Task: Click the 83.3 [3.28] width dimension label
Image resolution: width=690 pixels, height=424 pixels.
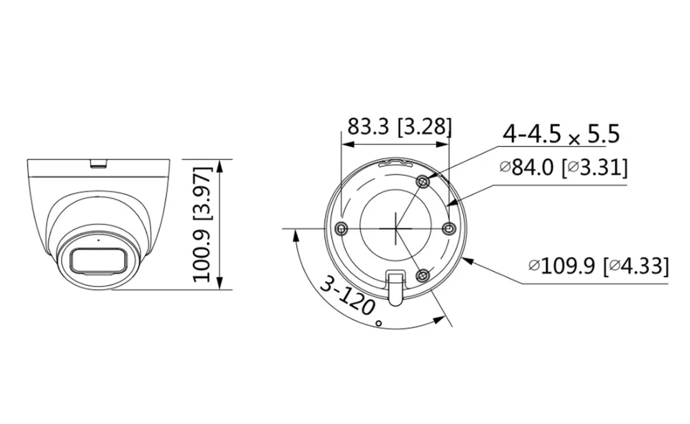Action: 400,127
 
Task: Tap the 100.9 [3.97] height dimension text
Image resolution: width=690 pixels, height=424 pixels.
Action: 203,224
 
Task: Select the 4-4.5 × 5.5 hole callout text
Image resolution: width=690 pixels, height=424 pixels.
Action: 561,134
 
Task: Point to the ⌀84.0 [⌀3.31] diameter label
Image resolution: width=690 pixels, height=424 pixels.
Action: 564,168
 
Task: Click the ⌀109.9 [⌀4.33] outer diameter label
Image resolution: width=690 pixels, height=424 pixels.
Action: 598,265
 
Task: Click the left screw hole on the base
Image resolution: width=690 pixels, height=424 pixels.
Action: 341,228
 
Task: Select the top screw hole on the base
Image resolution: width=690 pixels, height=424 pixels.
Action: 424,181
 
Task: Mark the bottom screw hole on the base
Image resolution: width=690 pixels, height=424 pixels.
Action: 423,276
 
